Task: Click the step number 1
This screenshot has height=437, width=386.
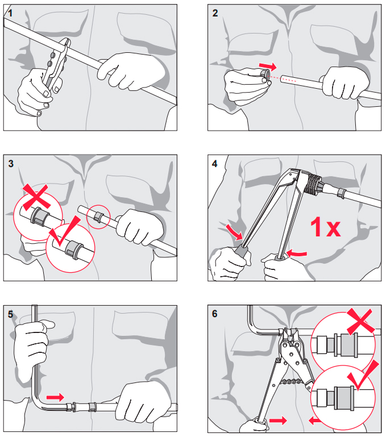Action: (x=10, y=13)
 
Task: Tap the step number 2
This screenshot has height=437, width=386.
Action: (x=215, y=13)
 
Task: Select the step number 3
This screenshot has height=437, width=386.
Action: (x=11, y=164)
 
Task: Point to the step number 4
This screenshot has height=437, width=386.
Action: (x=214, y=164)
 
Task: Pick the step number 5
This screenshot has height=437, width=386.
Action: (x=10, y=314)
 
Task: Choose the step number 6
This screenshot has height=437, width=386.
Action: (x=214, y=314)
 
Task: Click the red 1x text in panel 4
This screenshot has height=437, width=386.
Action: (x=326, y=227)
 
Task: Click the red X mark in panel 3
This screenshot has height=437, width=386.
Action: (x=36, y=197)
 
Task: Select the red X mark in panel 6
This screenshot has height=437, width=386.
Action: (x=360, y=321)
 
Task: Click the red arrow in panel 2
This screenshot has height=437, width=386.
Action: (x=268, y=66)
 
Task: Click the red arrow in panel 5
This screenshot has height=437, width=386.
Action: (x=55, y=397)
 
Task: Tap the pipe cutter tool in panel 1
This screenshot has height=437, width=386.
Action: (x=55, y=65)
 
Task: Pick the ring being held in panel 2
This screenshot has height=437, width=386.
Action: (x=265, y=77)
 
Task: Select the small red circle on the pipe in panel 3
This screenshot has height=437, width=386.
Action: (x=98, y=217)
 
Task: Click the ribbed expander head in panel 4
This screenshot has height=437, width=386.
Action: (x=312, y=184)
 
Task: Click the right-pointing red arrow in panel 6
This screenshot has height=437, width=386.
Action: (x=278, y=421)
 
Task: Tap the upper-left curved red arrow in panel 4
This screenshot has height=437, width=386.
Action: (x=234, y=232)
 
